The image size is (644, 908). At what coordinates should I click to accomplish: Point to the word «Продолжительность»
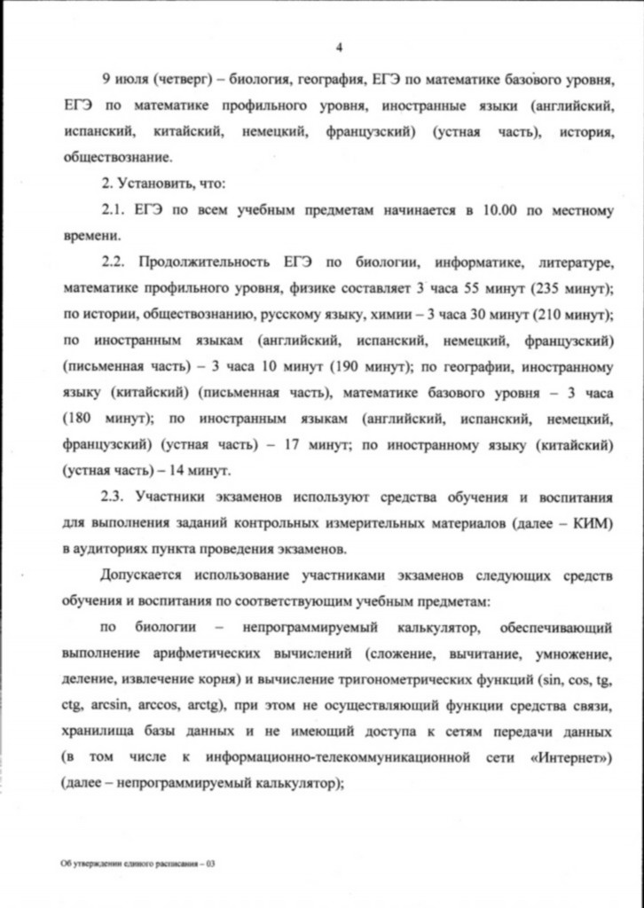point(200,262)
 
